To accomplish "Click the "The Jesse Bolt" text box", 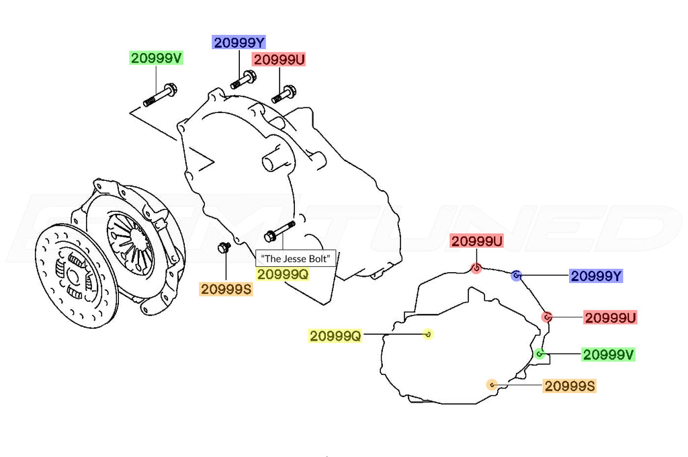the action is [x=296, y=258].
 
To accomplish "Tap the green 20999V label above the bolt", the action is [x=156, y=58].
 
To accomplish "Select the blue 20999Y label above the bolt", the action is [x=239, y=42].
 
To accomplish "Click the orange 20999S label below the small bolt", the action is [x=226, y=289].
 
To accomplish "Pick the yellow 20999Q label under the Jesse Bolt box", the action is [x=283, y=274].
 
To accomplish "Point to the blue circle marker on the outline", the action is [x=517, y=276].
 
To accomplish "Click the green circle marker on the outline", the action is [x=540, y=354].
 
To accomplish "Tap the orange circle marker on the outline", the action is [x=492, y=385].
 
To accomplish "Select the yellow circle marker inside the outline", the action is [x=428, y=334].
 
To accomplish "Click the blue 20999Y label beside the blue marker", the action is [x=597, y=276].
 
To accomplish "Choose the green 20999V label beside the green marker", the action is [x=609, y=354].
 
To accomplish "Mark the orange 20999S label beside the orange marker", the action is [x=570, y=386].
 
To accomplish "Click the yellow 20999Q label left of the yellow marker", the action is [x=335, y=336].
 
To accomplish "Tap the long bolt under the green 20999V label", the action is [x=160, y=95].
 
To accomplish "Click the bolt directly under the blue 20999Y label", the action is [x=243, y=79].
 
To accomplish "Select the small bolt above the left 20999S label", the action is [x=224, y=247].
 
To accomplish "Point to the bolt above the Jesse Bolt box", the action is [x=279, y=231].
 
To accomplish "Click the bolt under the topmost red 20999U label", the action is [x=284, y=94].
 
